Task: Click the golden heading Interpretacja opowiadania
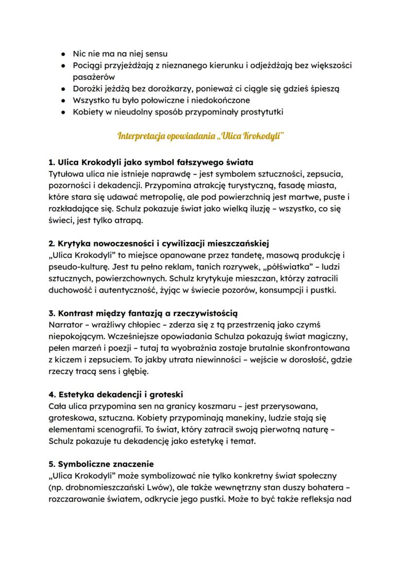pos(201,135)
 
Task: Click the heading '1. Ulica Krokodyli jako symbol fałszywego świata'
pos(151,162)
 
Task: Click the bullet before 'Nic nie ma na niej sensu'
pos(63,53)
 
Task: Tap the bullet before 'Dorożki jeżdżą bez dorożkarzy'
pos(63,89)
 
